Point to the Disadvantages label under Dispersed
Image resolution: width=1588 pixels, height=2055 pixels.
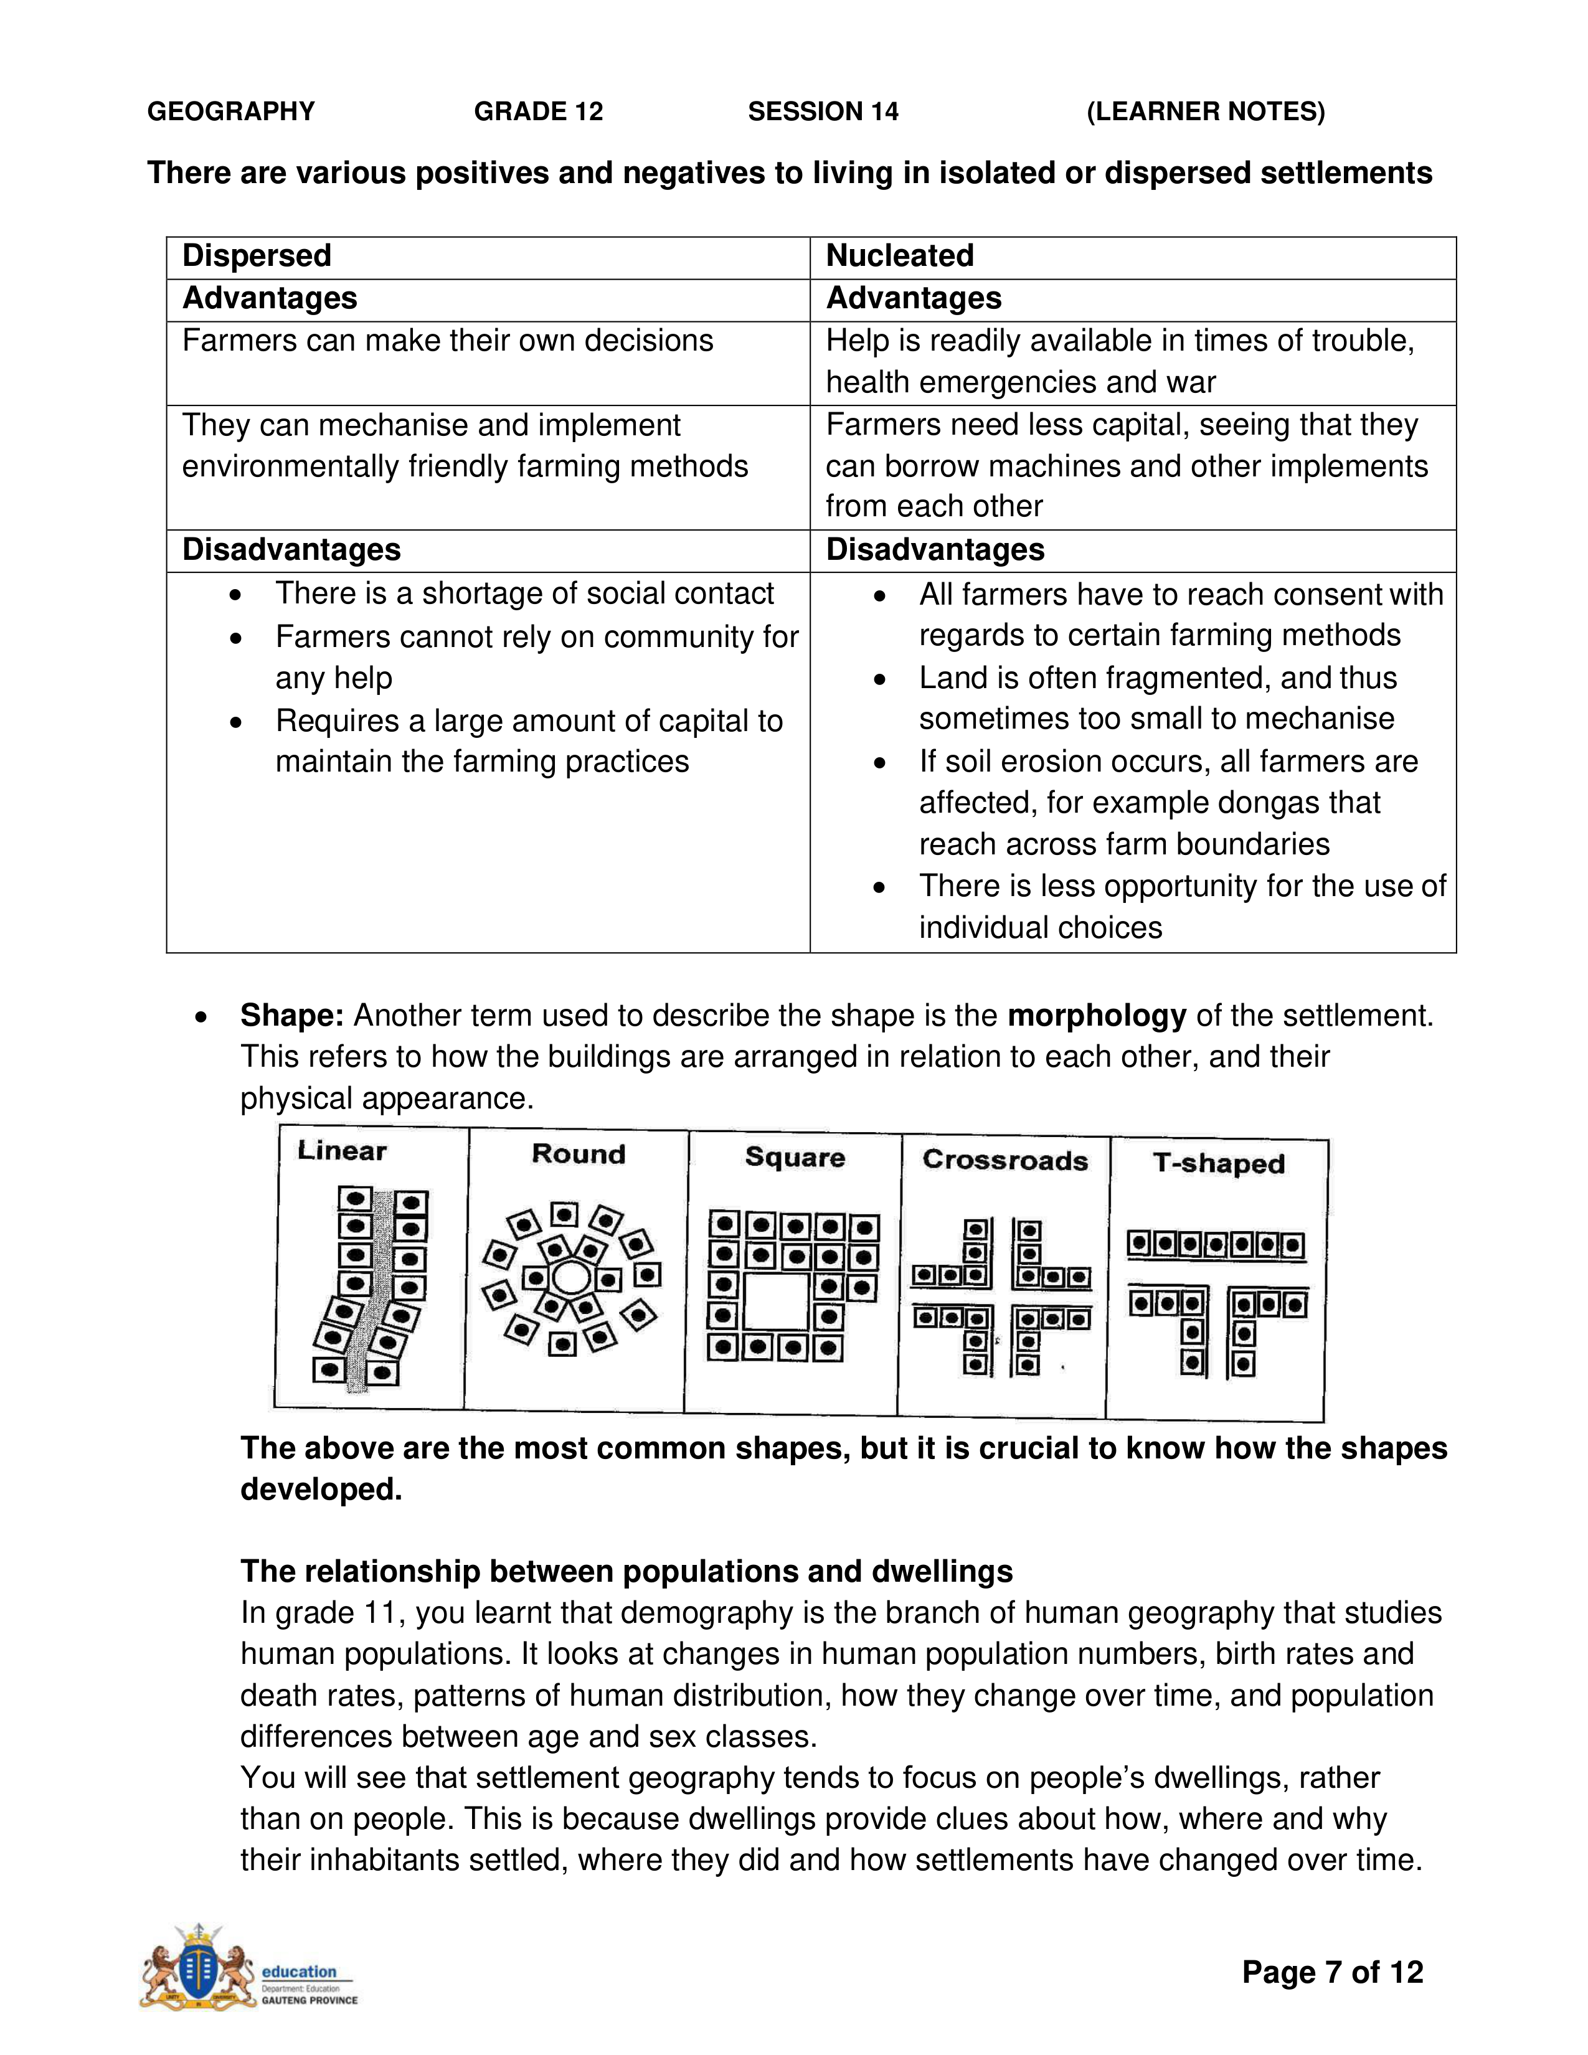click(291, 549)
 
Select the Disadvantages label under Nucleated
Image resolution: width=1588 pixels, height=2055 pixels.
click(935, 549)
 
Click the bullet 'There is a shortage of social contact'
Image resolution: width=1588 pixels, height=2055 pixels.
click(524, 593)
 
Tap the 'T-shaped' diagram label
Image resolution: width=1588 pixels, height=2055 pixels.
click(1219, 1163)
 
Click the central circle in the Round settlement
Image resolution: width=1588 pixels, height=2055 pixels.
click(570, 1278)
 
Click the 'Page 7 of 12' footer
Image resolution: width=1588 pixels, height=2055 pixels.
click(1332, 1972)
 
